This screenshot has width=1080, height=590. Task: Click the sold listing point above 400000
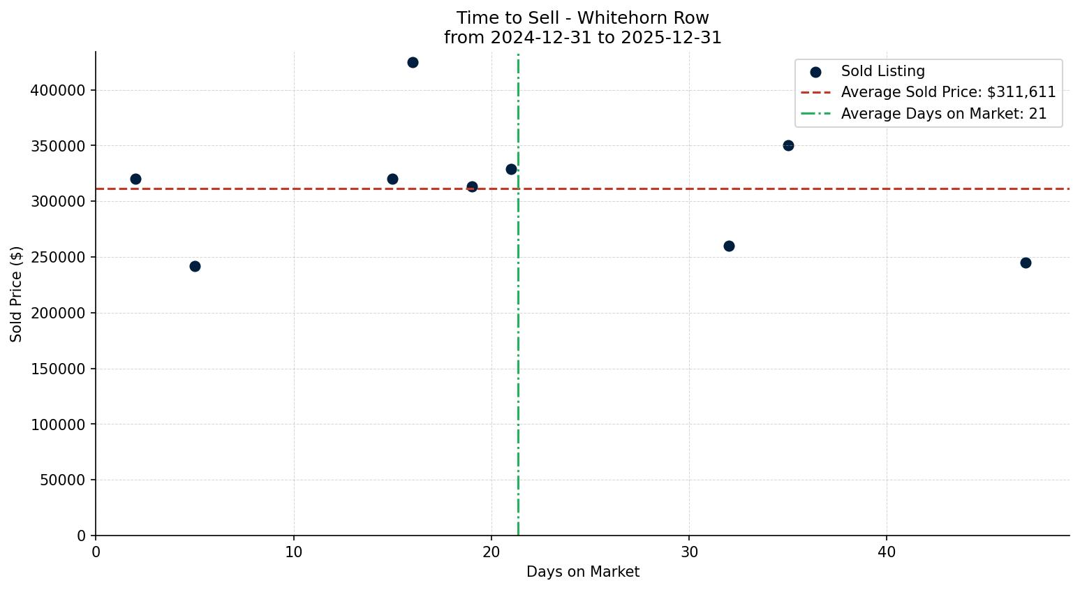coord(413,62)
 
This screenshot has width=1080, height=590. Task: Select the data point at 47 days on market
coord(1026,263)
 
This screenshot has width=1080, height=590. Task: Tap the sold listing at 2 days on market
coord(135,179)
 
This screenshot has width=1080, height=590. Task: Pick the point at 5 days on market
coord(195,266)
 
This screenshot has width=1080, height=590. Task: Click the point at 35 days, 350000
coord(788,145)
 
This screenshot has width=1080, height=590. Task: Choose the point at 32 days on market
coord(729,246)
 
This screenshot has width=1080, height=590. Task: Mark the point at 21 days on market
coord(511,169)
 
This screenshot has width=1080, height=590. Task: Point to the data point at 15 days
coord(392,179)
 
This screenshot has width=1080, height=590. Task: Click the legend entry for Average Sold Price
coord(948,92)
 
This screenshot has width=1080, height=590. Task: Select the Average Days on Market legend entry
coord(943,114)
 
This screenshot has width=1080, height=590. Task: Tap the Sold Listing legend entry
coord(882,71)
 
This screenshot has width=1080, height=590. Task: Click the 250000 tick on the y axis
coord(58,257)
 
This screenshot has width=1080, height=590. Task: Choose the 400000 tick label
coord(58,90)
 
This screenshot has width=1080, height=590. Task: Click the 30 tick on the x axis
coord(689,552)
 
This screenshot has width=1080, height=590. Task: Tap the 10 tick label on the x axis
coord(294,552)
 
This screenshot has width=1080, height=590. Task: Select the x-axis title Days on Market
coord(582,572)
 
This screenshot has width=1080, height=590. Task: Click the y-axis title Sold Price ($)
coord(16,294)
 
